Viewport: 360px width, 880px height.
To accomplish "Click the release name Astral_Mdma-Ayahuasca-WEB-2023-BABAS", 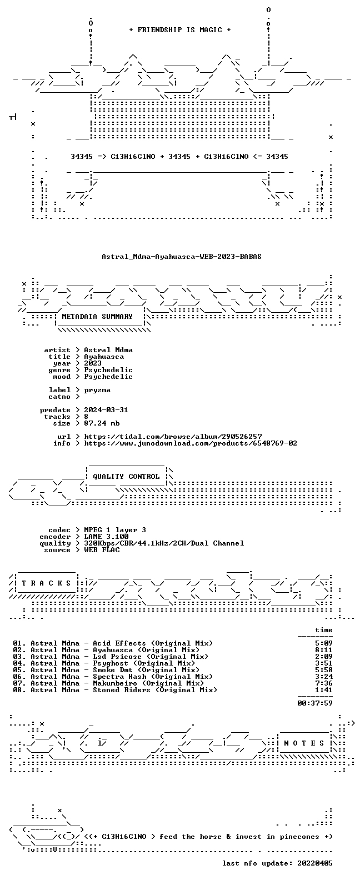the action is (x=182, y=257).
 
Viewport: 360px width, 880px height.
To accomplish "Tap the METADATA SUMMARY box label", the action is (x=97, y=317).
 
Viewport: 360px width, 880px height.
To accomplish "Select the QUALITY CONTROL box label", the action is (x=126, y=477).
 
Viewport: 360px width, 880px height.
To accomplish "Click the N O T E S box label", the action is (x=304, y=743).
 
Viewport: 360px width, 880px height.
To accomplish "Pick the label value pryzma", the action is (x=97, y=390).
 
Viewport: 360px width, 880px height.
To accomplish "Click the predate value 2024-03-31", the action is (x=106, y=410).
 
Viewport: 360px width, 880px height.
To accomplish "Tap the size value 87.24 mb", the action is (x=102, y=423).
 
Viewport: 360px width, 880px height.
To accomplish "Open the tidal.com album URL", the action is (x=173, y=437).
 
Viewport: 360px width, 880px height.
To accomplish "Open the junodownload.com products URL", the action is (x=191, y=443).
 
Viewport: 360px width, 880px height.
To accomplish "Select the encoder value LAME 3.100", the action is (x=106, y=537).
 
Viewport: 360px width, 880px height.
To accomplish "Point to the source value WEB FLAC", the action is (x=102, y=550).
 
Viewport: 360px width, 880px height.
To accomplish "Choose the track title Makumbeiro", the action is (x=115, y=683).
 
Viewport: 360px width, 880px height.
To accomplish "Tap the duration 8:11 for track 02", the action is (x=323, y=650).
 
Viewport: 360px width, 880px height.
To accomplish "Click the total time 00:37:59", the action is (x=315, y=703).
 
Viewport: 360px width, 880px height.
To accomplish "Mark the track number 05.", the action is (x=18, y=670).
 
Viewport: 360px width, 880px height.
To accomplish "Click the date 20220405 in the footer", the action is (x=315, y=863).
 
